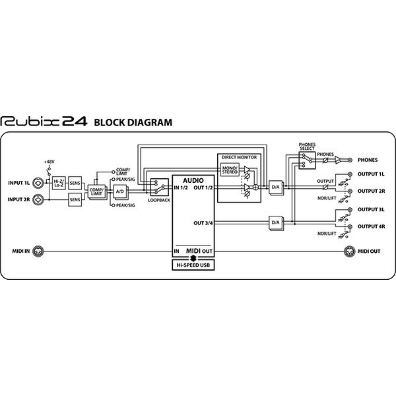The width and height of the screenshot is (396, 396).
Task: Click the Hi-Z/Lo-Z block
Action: click(59, 183)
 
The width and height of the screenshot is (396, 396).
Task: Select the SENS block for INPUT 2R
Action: click(75, 200)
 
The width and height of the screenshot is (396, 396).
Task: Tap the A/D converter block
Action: click(120, 191)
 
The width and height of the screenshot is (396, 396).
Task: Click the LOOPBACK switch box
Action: click(159, 187)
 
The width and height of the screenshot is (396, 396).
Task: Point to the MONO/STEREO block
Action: click(230, 170)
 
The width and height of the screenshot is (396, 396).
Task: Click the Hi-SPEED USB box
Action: click(193, 265)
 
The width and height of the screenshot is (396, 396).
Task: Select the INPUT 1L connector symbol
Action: click(38, 183)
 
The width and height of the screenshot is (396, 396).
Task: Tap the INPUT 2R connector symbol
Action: click(38, 199)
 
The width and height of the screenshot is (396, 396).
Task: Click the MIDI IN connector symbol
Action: click(38, 251)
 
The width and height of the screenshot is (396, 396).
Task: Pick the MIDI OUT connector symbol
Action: click(350, 251)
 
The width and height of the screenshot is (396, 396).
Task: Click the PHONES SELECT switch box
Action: click(307, 160)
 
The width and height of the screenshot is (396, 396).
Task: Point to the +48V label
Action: click(49, 162)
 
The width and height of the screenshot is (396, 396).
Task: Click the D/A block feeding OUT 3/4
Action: click(276, 223)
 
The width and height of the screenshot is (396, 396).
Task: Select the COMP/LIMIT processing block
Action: click(97, 192)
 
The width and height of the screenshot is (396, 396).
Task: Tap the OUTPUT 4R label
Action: click(371, 227)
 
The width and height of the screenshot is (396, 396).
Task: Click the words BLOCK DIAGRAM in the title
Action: click(133, 123)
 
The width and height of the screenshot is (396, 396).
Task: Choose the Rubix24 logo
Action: click(44, 121)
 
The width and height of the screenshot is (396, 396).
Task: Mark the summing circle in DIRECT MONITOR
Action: click(255, 187)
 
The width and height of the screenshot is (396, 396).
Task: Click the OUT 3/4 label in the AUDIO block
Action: click(203, 223)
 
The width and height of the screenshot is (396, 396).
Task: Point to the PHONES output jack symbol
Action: click(350, 160)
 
